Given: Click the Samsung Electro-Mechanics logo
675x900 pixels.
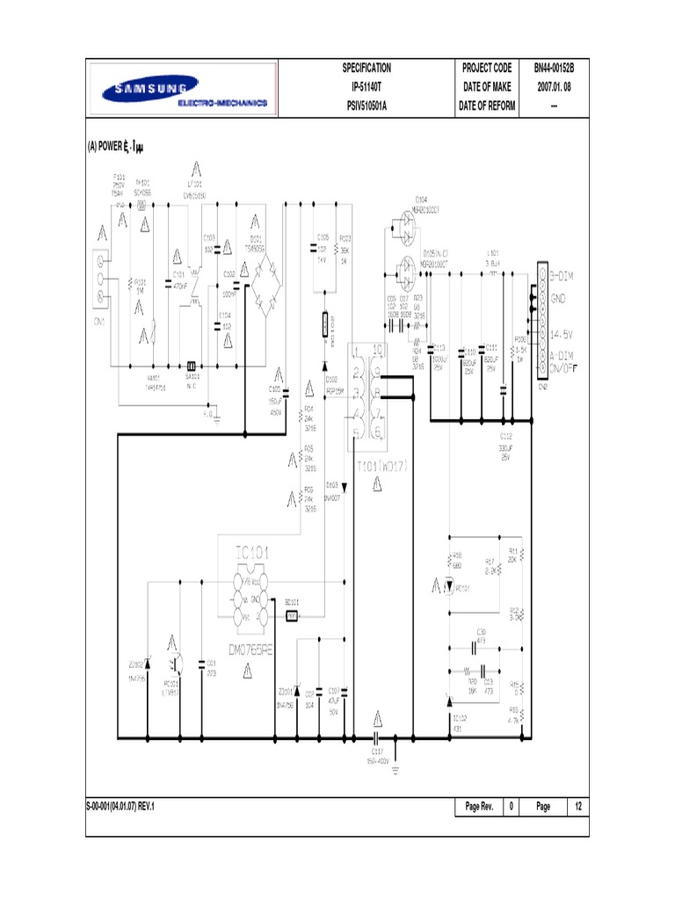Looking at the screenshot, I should (182, 89).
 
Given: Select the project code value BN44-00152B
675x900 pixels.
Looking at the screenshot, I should (553, 69).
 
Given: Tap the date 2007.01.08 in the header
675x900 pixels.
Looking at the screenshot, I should (553, 88).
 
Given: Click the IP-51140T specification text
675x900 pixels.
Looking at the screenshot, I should (366, 88).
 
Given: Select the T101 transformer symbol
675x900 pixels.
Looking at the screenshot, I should (365, 390).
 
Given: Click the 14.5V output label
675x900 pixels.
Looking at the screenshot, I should (567, 334).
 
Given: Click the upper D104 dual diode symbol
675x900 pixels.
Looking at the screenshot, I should (406, 223).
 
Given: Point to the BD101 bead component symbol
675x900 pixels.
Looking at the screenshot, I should (292, 615).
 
